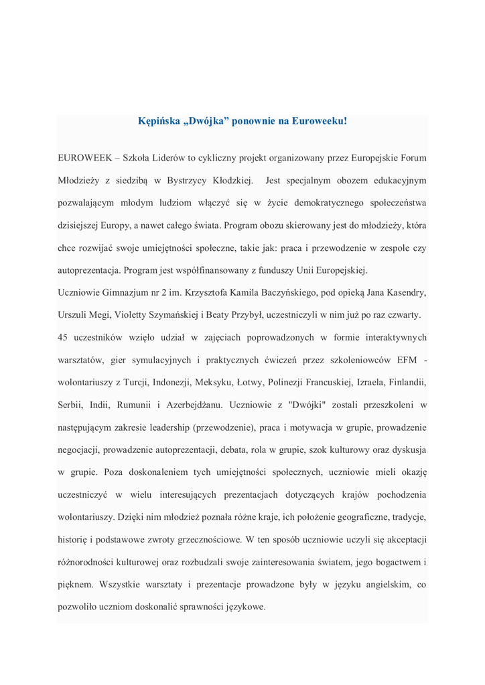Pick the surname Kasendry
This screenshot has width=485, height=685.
pyautogui.click(x=405, y=293)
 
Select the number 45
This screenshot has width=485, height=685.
pyautogui.click(x=63, y=338)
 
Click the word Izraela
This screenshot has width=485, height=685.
pyautogui.click(x=364, y=383)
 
